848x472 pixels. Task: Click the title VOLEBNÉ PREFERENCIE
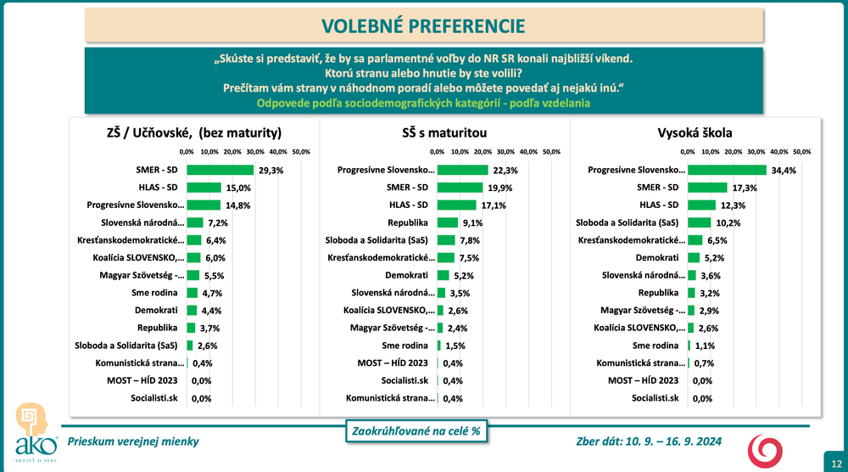pos(423,25)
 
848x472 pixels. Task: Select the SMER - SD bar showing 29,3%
pos(220,170)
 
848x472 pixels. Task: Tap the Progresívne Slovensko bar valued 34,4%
pos(727,170)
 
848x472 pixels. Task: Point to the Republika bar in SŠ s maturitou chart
pos(448,223)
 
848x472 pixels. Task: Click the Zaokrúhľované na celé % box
pos(415,431)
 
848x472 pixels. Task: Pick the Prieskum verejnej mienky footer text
pos(134,441)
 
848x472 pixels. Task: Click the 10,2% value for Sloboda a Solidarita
pos(725,223)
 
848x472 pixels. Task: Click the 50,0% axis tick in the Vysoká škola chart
pos(801,151)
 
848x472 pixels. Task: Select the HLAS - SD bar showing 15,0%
pos(203,188)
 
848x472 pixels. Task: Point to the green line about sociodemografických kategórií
pos(423,104)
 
